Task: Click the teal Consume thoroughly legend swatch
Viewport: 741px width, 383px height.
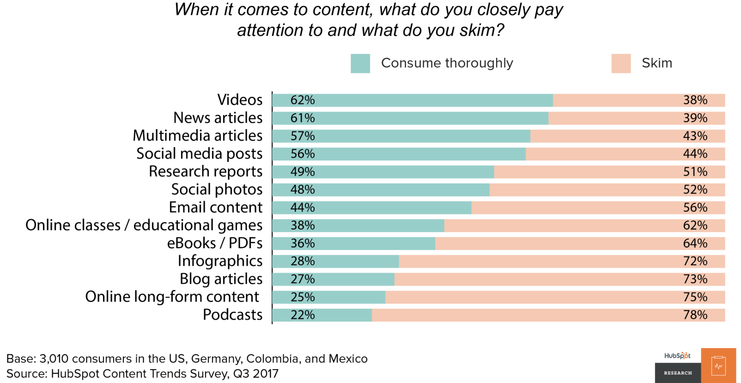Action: (x=360, y=63)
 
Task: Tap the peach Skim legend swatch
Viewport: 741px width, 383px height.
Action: (x=621, y=63)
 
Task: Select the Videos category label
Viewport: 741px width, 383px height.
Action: (x=240, y=100)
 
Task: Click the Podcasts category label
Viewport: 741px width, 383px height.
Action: (x=233, y=315)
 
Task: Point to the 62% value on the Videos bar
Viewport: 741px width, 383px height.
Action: (x=302, y=100)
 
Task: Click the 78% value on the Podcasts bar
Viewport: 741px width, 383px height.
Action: (x=695, y=315)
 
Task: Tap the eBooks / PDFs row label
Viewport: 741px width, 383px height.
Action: (x=215, y=243)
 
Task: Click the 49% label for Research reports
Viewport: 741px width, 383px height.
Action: (x=302, y=172)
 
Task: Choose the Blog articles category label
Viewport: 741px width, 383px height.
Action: (x=221, y=279)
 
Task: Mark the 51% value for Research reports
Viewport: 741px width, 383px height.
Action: (x=695, y=172)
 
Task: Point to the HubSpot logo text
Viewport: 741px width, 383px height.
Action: (x=677, y=355)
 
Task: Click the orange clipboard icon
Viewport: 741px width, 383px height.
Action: (x=718, y=366)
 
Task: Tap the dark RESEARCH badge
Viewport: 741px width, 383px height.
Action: (x=678, y=373)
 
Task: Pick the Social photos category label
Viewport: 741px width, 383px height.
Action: (x=217, y=190)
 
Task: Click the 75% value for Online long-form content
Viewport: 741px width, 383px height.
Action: (x=695, y=297)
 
